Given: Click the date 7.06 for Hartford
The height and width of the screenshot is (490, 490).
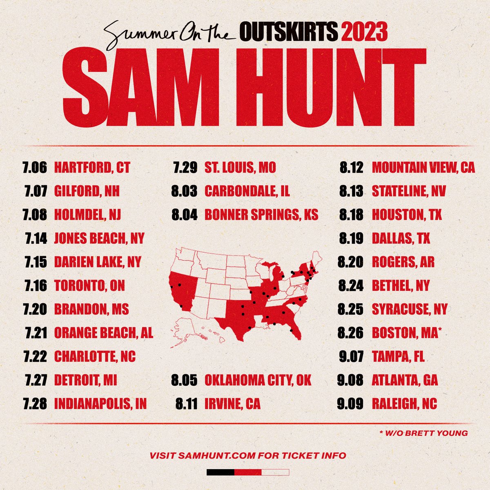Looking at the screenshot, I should [x=35, y=167].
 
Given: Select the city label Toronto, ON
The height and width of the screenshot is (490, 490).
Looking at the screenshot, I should [x=89, y=285].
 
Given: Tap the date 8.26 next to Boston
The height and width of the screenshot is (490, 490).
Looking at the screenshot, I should [x=351, y=333].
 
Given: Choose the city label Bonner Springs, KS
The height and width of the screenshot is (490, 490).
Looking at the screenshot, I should [x=261, y=214].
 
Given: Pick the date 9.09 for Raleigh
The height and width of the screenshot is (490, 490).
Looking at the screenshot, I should [x=350, y=404].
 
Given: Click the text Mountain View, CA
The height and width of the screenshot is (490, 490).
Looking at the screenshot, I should [x=423, y=167].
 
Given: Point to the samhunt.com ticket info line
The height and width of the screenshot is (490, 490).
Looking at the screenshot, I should [x=248, y=455].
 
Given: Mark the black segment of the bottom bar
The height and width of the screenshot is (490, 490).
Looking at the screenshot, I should [x=220, y=472].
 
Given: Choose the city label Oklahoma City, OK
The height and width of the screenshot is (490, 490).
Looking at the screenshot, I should [x=258, y=381].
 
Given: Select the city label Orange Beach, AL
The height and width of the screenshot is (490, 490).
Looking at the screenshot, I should [x=104, y=333].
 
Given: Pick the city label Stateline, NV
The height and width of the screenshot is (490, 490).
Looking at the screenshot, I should [x=409, y=191].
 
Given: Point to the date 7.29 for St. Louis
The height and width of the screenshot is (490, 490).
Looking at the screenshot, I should [x=185, y=167].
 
